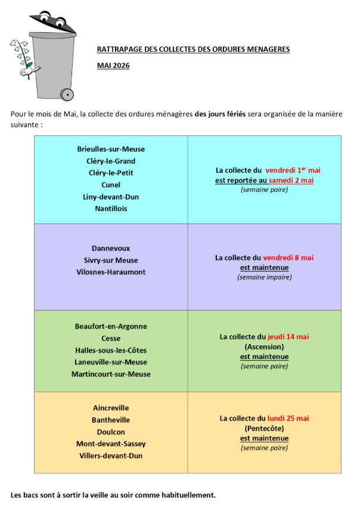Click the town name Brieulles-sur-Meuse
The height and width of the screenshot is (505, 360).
pos(111,149)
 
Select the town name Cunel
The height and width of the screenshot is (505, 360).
pos(111,185)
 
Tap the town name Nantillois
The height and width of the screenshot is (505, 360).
pos(111,209)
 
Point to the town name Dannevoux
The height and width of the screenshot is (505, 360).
pos(111,248)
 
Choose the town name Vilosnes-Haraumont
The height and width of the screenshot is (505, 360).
pos(111,272)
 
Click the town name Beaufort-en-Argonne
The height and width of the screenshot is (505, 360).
pos(111,326)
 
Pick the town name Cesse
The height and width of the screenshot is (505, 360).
pos(111,338)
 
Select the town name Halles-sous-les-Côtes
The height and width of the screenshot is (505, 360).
pos(111,350)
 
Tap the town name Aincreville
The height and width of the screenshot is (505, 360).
pos(111,408)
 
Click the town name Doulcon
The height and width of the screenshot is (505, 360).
pos(111,432)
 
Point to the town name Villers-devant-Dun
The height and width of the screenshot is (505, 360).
pos(111,456)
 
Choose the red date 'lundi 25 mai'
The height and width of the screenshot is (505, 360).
pos(288,418)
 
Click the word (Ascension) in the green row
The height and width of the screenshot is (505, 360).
pos(264,346)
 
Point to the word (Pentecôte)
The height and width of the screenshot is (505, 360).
pos(264,428)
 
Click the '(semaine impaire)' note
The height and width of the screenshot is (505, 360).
pos(264,277)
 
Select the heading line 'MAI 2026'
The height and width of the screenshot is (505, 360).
pos(113,66)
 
